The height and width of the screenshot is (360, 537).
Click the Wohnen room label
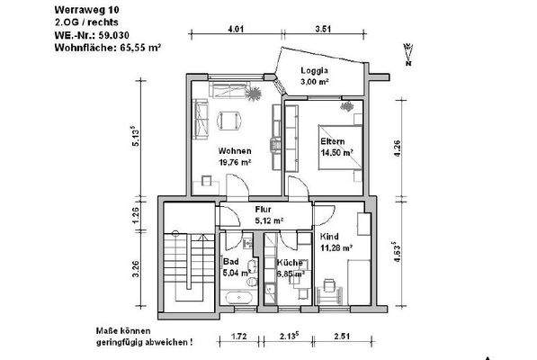pos(232,151)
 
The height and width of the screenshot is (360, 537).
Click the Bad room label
pos(232,262)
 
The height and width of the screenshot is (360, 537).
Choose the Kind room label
pos(331,237)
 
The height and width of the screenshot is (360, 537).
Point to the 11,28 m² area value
pos(336,248)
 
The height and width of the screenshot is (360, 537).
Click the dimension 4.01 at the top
pos(236,29)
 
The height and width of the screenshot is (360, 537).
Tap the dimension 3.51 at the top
pos(325,29)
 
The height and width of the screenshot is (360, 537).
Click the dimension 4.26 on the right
pos(395,148)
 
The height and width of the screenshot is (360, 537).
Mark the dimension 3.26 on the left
pos(136,270)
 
